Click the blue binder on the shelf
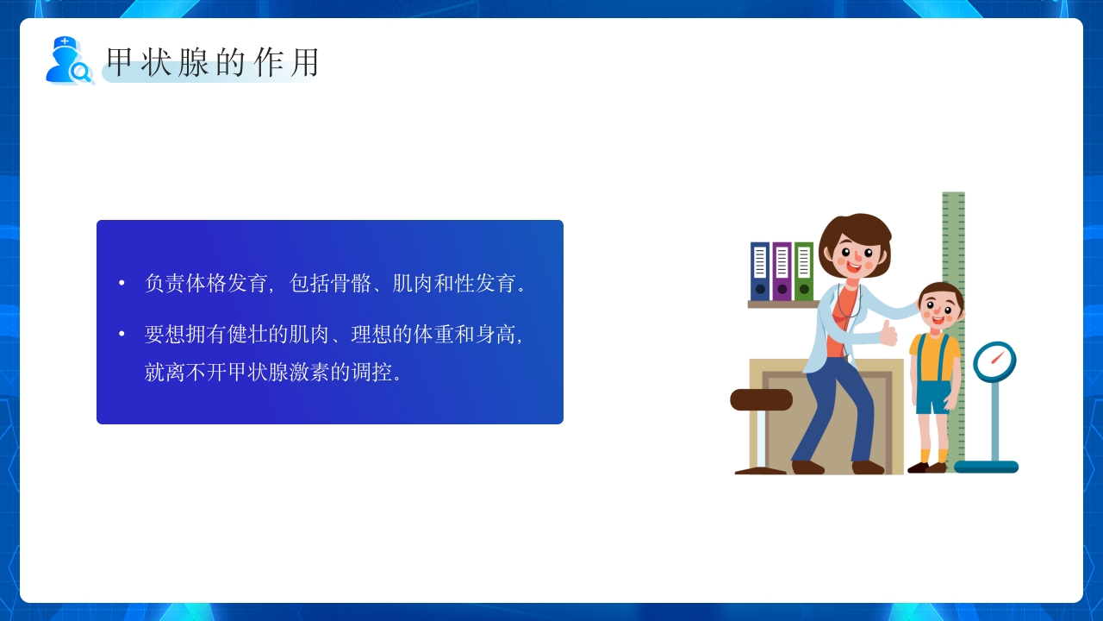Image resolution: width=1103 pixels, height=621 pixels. tap(760, 271)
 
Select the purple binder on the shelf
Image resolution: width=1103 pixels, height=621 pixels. tap(782, 271)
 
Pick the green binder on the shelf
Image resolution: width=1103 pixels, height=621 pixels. tap(804, 271)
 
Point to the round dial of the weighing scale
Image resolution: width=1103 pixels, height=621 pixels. tap(994, 361)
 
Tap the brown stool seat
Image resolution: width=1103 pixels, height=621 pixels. tap(761, 399)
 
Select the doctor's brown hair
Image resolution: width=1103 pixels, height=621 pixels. tap(852, 229)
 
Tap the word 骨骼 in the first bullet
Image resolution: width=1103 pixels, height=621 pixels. tap(352, 283)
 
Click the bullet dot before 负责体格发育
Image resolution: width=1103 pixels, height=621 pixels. tap(122, 283)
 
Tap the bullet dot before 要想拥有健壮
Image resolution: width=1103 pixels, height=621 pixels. tap(122, 334)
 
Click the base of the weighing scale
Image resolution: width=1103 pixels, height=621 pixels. tap(986, 467)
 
